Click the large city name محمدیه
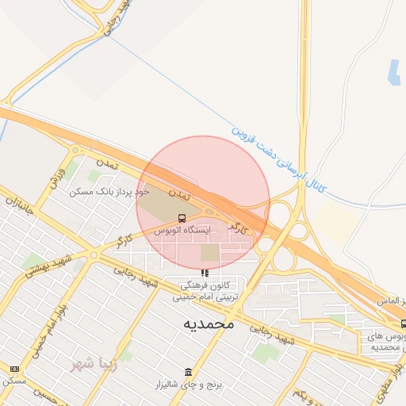[209, 324]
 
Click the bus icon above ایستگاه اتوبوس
[182, 218]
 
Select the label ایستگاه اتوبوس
[183, 230]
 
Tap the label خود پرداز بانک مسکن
[109, 192]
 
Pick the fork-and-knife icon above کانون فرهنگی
[205, 273]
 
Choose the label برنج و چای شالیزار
[188, 385]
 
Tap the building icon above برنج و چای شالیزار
[188, 372]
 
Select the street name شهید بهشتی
[48, 267]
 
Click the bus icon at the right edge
[403, 324]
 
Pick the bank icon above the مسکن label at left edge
[14, 369]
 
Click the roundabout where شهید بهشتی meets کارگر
[94, 255]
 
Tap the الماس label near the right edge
[392, 302]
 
